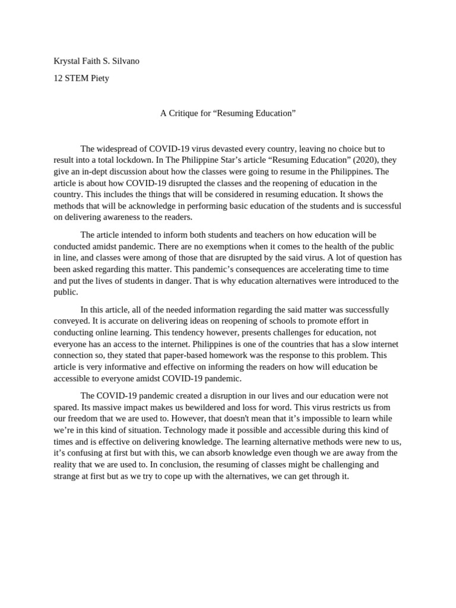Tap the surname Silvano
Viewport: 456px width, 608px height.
123,61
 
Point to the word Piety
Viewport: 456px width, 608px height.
100,78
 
